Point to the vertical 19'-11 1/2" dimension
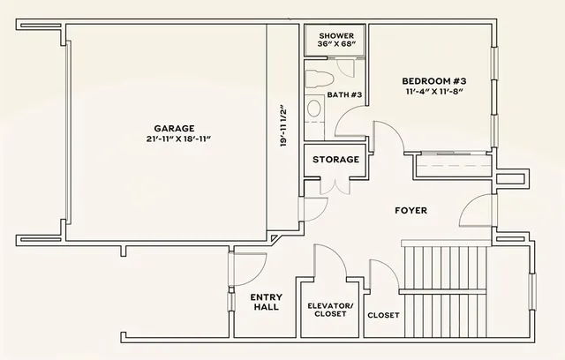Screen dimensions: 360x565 (x=282, y=128)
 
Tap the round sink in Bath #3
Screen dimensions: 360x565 (x=313, y=109)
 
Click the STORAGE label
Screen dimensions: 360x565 (x=335, y=160)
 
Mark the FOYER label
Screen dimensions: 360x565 (x=411, y=211)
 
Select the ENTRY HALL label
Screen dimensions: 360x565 (x=266, y=302)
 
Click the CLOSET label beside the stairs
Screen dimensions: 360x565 (x=383, y=315)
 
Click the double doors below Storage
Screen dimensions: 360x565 (x=334, y=186)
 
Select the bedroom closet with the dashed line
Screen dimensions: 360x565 (x=455, y=166)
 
